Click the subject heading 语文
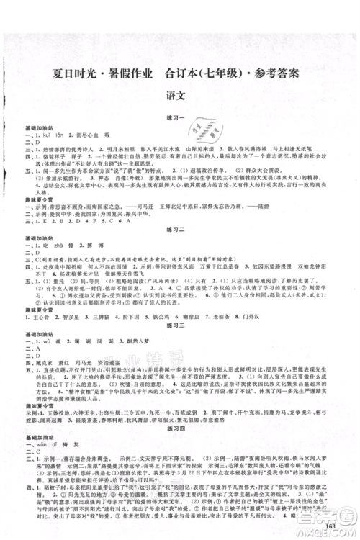point(179,94)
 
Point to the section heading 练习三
point(179,327)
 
